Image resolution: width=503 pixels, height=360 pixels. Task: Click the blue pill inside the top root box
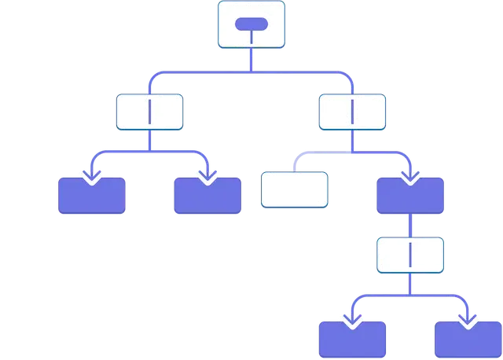(x=251, y=24)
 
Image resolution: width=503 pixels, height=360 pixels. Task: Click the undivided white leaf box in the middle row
(x=293, y=190)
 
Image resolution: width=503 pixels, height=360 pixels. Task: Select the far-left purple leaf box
(x=92, y=197)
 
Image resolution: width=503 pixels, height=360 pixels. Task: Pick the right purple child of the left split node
(x=207, y=197)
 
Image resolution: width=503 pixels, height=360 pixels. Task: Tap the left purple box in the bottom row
(x=352, y=340)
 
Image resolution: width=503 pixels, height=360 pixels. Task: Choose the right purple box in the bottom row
(x=468, y=340)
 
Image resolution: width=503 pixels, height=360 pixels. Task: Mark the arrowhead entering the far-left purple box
(x=92, y=176)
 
